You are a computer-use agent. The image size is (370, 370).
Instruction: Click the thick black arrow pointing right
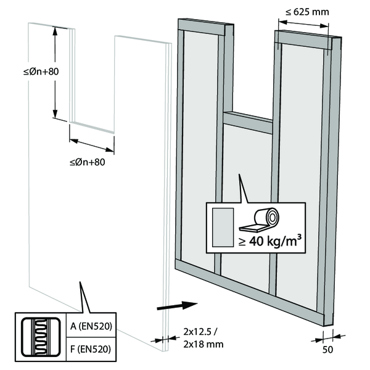pos(177,305)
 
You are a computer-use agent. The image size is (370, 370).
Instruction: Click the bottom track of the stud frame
pos(247,290)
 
